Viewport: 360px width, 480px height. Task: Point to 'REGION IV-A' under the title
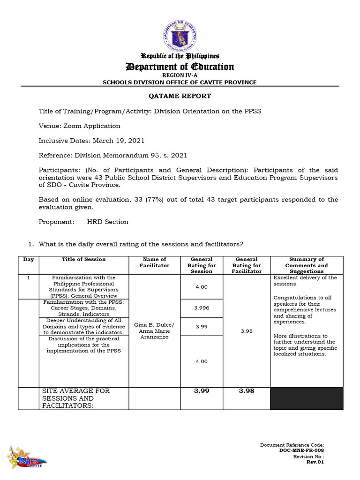click(x=180, y=75)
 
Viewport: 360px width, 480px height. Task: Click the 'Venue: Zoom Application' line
click(x=79, y=126)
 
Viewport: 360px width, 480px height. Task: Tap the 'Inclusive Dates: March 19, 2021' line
click(x=91, y=140)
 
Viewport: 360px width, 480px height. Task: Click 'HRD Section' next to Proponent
click(x=108, y=222)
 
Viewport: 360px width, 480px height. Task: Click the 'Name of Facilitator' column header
click(x=154, y=262)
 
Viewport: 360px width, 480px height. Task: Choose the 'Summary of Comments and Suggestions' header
click(x=306, y=265)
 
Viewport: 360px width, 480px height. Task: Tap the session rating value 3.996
click(x=202, y=308)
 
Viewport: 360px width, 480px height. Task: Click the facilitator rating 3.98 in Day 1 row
click(x=247, y=331)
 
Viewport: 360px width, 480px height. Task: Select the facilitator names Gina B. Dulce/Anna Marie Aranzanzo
click(x=154, y=331)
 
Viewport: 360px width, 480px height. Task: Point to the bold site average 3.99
click(x=202, y=391)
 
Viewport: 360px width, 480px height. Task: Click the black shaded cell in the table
click(x=307, y=398)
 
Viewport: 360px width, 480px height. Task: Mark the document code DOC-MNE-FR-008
click(x=301, y=450)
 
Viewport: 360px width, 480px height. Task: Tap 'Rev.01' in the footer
click(x=315, y=462)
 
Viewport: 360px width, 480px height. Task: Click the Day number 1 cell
click(x=29, y=277)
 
